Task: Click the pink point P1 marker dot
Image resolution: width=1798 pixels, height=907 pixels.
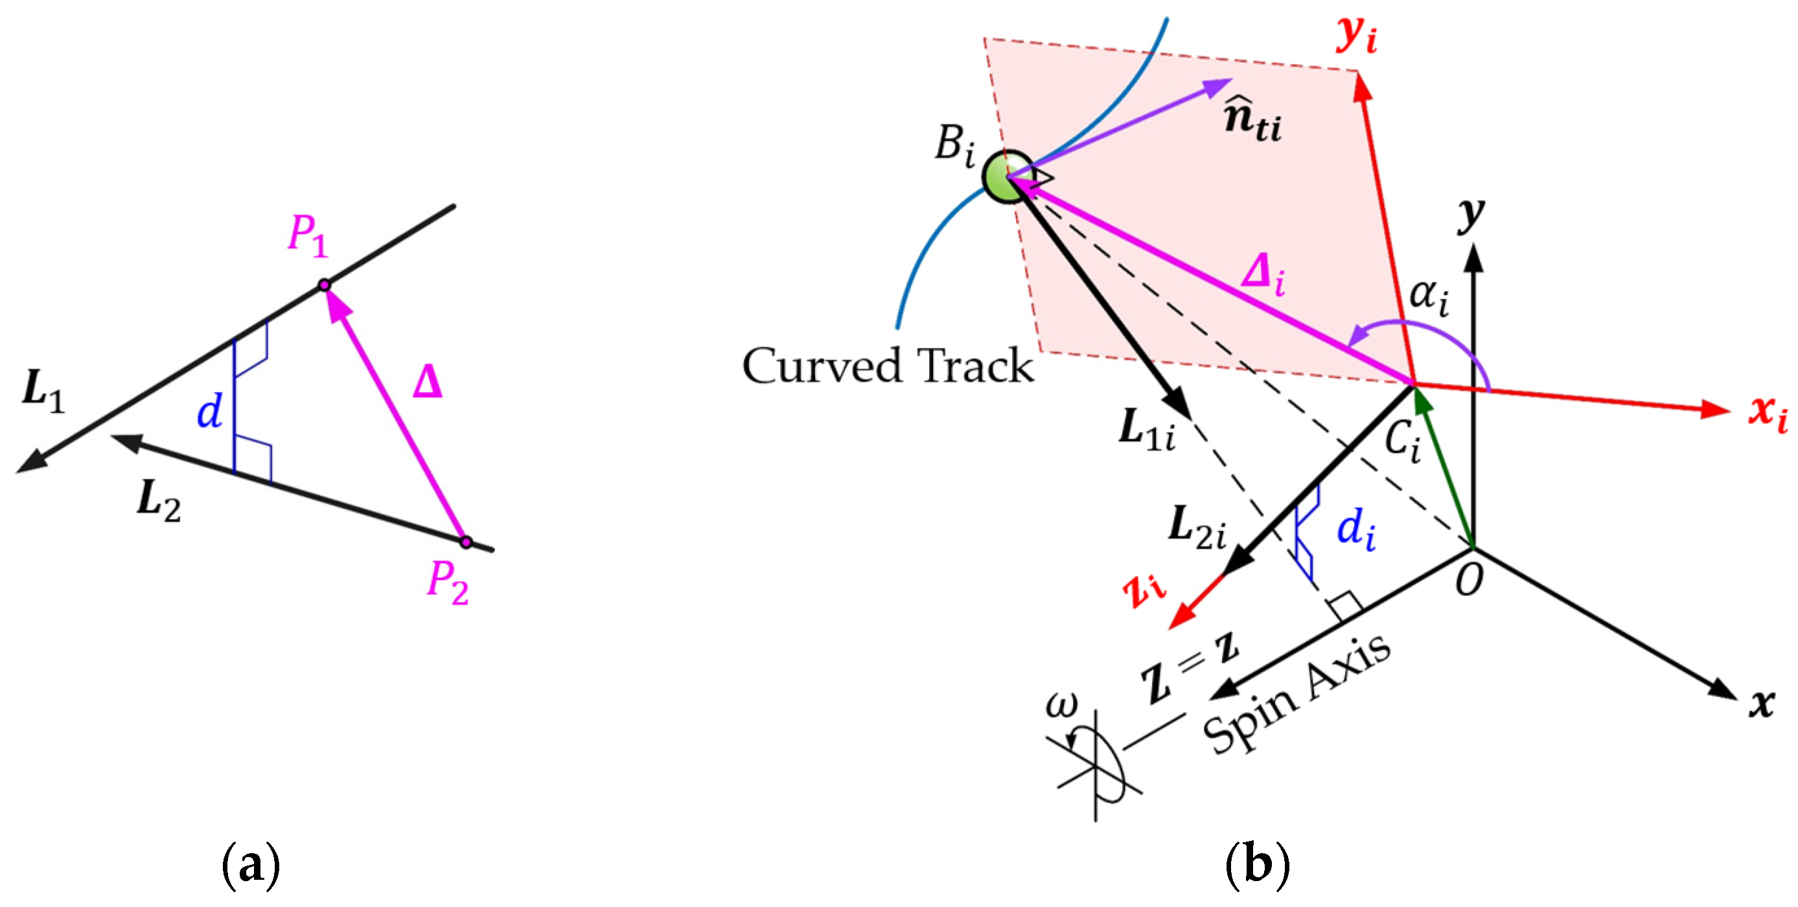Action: [x=324, y=284]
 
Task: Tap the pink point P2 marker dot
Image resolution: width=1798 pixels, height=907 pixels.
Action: [x=467, y=542]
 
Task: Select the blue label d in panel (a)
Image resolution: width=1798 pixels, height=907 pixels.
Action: [x=209, y=411]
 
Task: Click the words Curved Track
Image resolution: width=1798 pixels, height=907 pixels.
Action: [x=887, y=365]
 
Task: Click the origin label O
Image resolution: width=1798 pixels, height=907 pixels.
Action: [x=1469, y=579]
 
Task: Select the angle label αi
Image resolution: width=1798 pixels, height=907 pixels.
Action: [x=1428, y=296]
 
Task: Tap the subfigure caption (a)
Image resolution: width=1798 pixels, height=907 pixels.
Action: [x=251, y=865]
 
